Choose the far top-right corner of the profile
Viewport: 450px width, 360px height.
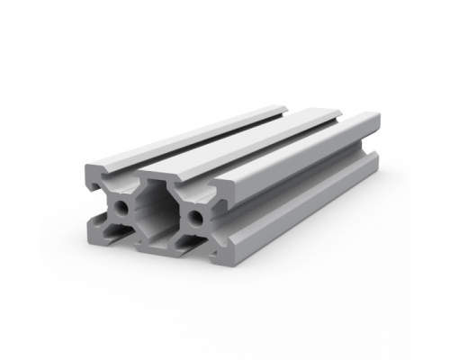(x=379, y=115)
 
